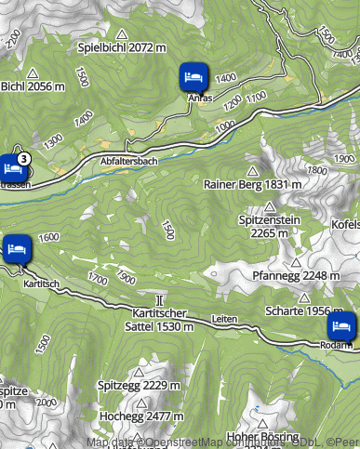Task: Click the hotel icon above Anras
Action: [193, 75]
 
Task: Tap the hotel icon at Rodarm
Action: [341, 325]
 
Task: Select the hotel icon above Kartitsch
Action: [17, 248]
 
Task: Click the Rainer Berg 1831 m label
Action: [252, 184]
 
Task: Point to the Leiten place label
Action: [225, 318]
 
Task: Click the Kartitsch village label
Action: [42, 283]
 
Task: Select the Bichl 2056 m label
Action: [33, 86]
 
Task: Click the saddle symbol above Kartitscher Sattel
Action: [161, 299]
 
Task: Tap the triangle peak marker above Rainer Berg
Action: [251, 171]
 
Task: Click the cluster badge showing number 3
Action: [22, 159]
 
